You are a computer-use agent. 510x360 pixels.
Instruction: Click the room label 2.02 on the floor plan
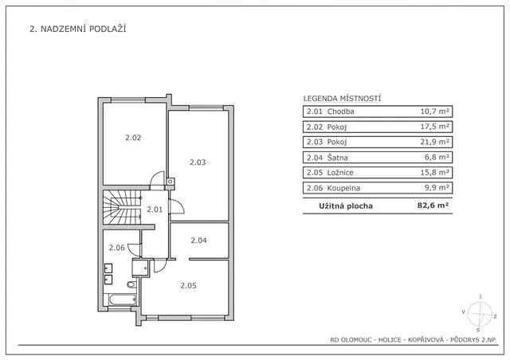(x=133, y=138)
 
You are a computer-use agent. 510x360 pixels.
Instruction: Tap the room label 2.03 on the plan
(x=198, y=162)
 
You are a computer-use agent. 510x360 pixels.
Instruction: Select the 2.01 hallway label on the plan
(x=155, y=209)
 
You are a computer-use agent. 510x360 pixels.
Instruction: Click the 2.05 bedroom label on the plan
(x=188, y=286)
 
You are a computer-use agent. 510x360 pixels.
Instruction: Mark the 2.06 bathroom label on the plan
(x=117, y=248)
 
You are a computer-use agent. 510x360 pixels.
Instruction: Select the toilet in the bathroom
(x=132, y=284)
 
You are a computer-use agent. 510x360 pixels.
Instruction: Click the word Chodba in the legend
(x=339, y=112)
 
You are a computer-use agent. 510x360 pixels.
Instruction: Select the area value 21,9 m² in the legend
(x=436, y=143)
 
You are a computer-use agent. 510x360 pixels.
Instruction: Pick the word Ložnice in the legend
(x=339, y=173)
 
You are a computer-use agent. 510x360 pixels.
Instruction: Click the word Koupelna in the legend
(x=343, y=188)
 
